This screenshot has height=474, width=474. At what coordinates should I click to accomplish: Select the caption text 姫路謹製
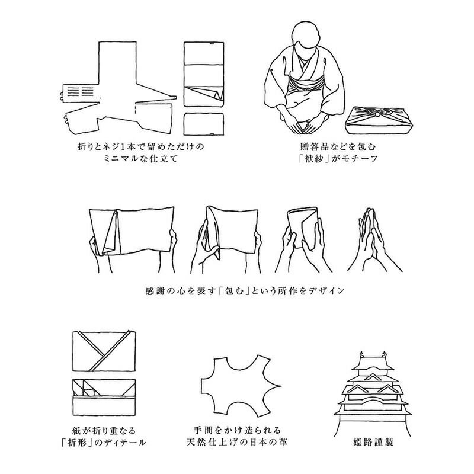click(373, 443)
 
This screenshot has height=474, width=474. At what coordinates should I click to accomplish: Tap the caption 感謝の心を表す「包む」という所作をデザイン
click(245, 291)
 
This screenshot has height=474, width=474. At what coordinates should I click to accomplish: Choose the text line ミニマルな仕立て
click(140, 158)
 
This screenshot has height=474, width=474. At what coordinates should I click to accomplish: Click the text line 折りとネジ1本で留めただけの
click(141, 146)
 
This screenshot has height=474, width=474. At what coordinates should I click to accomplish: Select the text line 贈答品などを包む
click(338, 146)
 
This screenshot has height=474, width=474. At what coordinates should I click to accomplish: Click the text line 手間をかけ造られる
click(238, 430)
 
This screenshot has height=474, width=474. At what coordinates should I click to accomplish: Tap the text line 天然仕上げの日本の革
click(237, 442)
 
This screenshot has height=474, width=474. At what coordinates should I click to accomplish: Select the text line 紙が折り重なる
click(104, 431)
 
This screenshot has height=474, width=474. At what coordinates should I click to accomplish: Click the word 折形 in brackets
click(77, 443)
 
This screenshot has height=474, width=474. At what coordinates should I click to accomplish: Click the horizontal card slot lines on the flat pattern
click(80, 91)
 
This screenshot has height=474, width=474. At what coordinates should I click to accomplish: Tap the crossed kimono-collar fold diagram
click(104, 351)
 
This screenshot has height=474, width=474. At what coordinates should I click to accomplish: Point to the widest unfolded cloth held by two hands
click(132, 230)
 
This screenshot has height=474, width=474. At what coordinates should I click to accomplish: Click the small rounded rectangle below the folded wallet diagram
click(204, 124)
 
